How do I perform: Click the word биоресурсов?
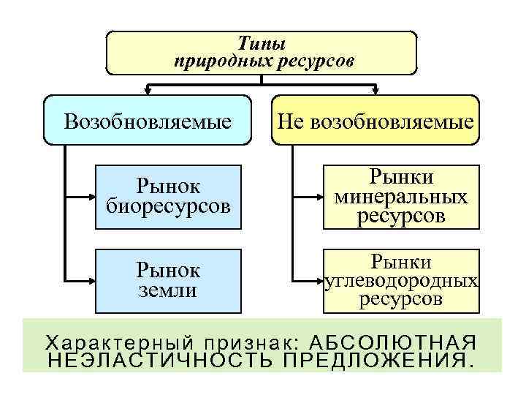pyautogui.click(x=168, y=207)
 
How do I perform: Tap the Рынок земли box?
pyautogui.click(x=168, y=281)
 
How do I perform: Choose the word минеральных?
pyautogui.click(x=401, y=197)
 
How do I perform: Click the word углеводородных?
pyautogui.click(x=403, y=281)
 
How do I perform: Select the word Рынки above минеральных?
pyautogui.click(x=401, y=178)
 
